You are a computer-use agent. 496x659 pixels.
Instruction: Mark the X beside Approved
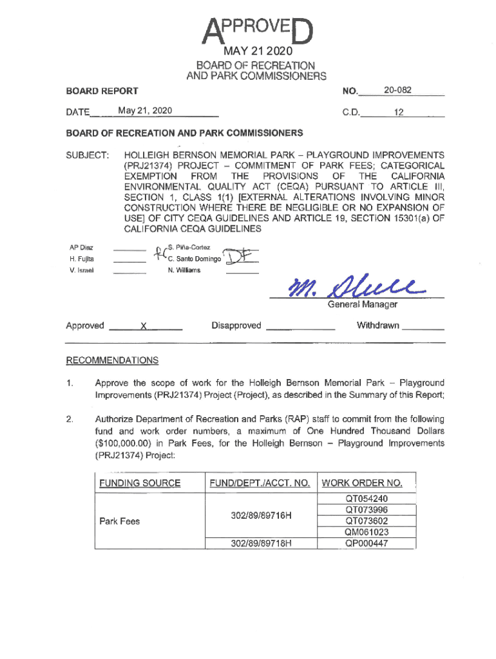pos(146,326)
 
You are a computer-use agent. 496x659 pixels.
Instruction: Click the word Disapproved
pos(236,326)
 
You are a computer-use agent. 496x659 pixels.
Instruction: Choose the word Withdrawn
pos(377,326)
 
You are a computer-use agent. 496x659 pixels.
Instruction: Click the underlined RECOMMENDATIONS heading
pos(112,360)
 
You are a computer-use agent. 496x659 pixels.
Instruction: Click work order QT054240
pos(367,499)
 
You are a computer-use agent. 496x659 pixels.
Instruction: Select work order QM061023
pos(367,532)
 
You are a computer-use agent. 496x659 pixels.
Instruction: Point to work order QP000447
pos(367,543)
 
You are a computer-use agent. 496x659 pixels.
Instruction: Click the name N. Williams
pos(184,270)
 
